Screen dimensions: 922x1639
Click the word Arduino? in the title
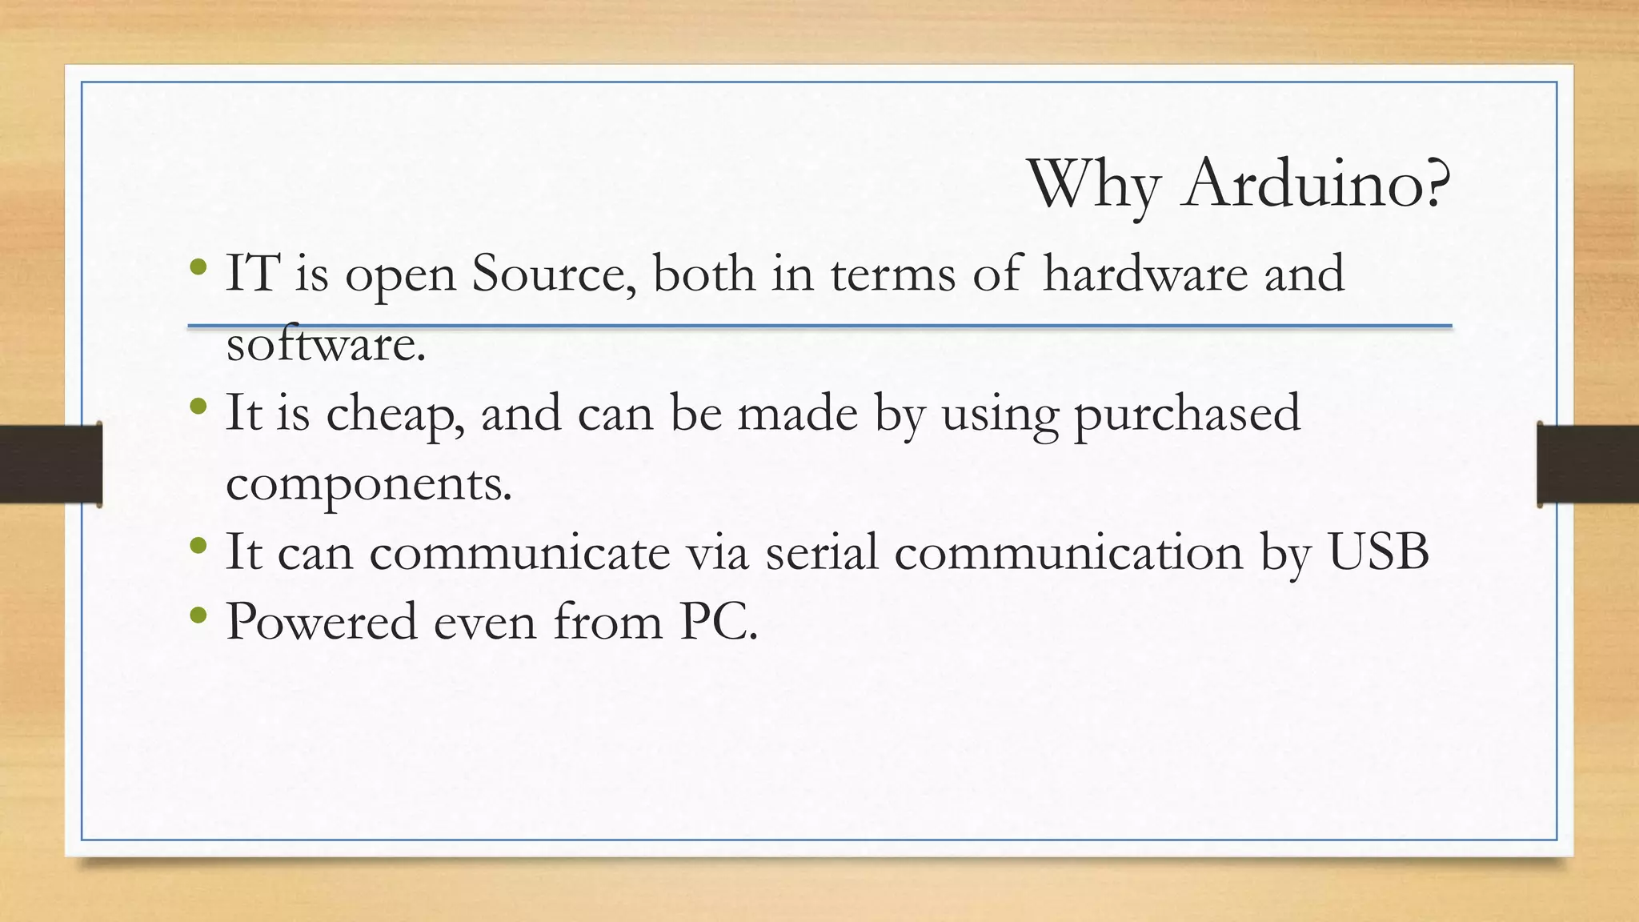(1316, 184)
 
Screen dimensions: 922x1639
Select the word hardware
(1145, 274)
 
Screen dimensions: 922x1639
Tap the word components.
(369, 483)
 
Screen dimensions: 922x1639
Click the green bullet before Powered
(199, 616)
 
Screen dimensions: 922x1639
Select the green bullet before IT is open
(199, 267)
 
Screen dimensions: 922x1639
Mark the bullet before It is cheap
(199, 408)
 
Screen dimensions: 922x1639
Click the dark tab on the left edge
(50, 464)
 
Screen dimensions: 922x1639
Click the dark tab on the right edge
(1588, 464)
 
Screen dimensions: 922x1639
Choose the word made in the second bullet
(797, 415)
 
